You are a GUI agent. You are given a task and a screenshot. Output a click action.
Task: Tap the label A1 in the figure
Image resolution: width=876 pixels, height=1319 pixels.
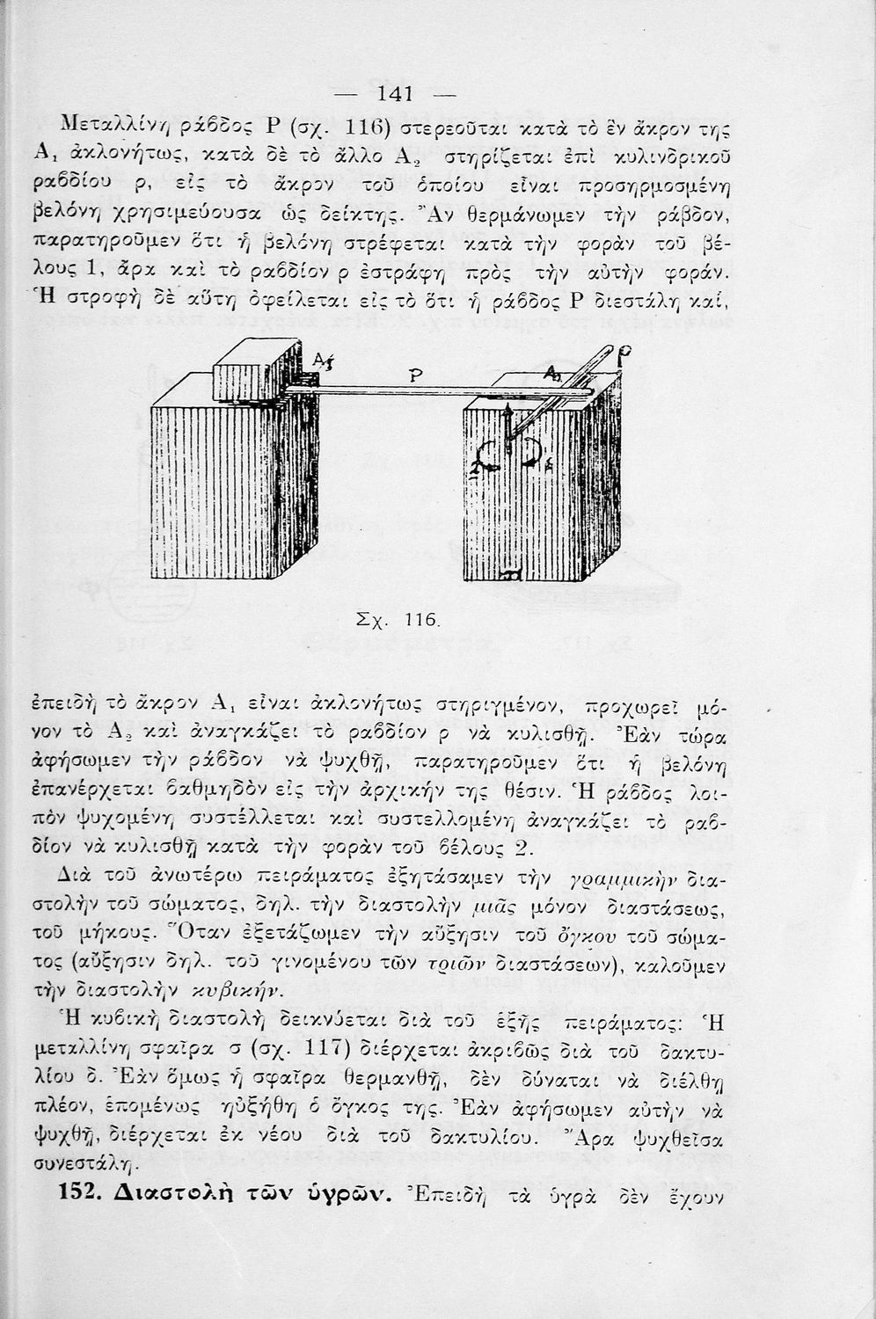(x=320, y=360)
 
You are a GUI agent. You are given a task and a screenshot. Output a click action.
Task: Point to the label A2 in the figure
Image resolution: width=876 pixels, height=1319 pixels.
(x=553, y=374)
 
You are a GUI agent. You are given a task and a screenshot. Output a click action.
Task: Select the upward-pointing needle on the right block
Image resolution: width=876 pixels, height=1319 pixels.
(x=507, y=420)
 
